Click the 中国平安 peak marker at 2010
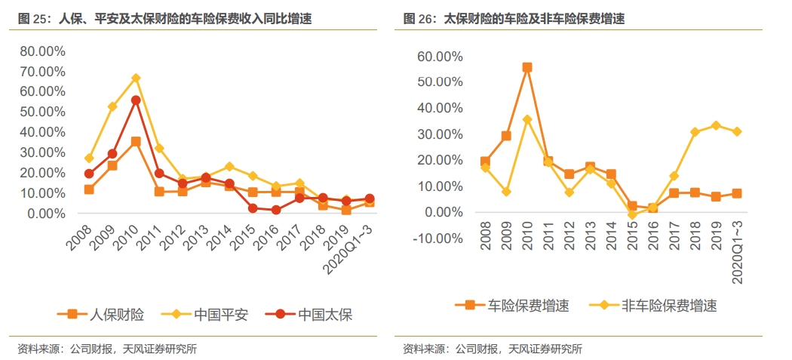tap(136, 78)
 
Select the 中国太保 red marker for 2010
tap(136, 100)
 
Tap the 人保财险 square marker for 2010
tap(136, 142)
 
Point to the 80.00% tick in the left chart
tap(42, 51)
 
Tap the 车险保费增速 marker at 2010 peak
tap(527, 67)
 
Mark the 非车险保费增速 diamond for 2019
tap(716, 125)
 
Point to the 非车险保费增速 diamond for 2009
tap(506, 192)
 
